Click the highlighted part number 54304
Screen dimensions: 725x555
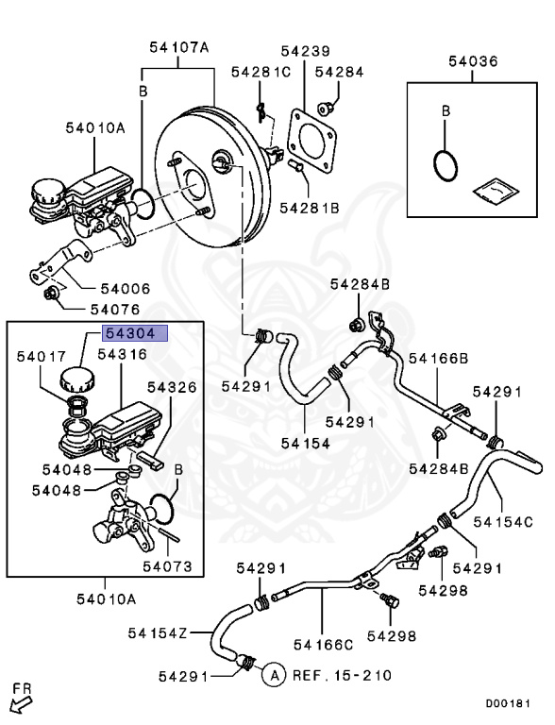click(135, 333)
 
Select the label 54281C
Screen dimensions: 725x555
click(259, 72)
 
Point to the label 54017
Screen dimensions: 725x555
click(42, 356)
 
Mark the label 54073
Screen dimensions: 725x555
click(167, 567)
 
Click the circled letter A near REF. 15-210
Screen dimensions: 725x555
click(272, 675)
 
